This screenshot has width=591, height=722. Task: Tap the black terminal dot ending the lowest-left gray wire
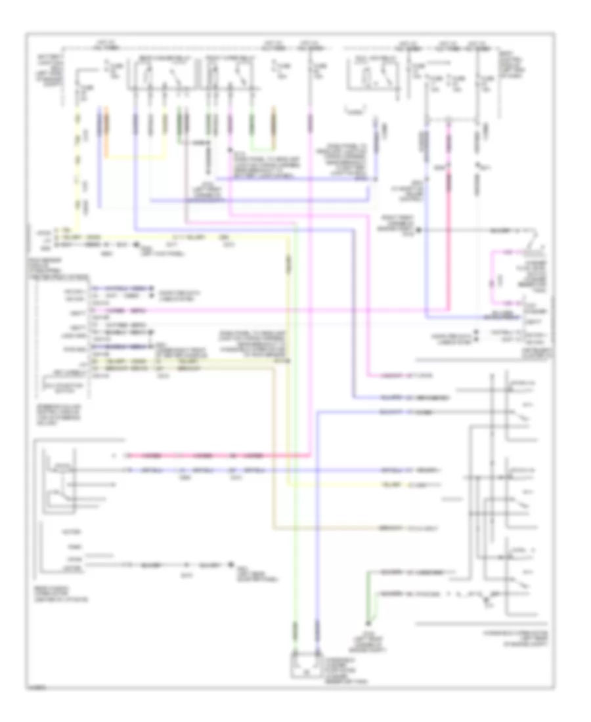pyautogui.click(x=230, y=564)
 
